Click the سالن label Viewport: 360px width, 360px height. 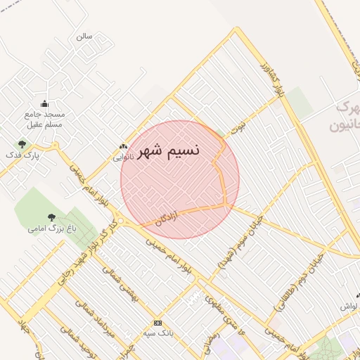(84, 35)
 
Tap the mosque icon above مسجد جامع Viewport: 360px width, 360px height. (45, 104)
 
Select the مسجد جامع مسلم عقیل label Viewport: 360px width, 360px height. (45, 120)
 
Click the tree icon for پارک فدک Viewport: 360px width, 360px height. (22, 144)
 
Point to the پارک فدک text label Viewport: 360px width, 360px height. (22, 154)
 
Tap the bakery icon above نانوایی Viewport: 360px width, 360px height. (124, 147)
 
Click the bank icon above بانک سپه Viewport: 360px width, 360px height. (157, 323)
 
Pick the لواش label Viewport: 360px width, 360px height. (349, 307)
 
